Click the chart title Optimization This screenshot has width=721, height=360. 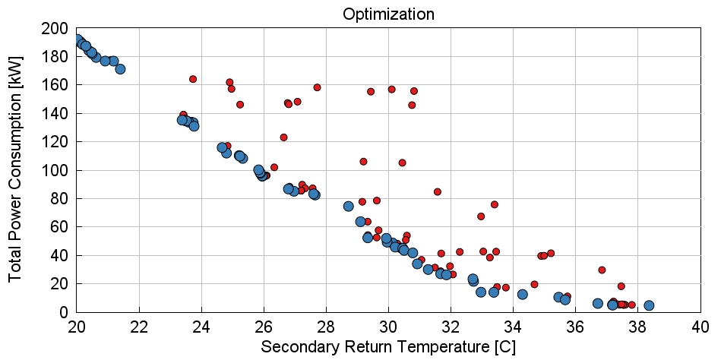click(388, 14)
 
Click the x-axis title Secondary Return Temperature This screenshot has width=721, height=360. click(388, 347)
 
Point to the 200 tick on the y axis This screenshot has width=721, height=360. click(55, 29)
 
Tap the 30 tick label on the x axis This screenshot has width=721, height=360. click(388, 327)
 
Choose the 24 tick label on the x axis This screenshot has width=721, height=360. click(201, 327)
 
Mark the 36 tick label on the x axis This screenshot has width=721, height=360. click(576, 327)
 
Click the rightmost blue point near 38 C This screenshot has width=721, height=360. click(649, 305)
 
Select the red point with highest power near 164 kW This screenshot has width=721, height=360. click(193, 79)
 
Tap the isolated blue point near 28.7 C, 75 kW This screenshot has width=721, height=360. click(348, 206)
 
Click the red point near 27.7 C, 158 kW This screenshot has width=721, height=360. click(317, 87)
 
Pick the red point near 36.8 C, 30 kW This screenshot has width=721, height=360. click(602, 270)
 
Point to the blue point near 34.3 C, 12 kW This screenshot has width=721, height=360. click(523, 294)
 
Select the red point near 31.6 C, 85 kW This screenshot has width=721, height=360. click(438, 191)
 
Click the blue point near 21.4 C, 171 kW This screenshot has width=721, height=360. click(120, 69)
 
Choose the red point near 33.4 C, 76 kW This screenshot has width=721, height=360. click(494, 204)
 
